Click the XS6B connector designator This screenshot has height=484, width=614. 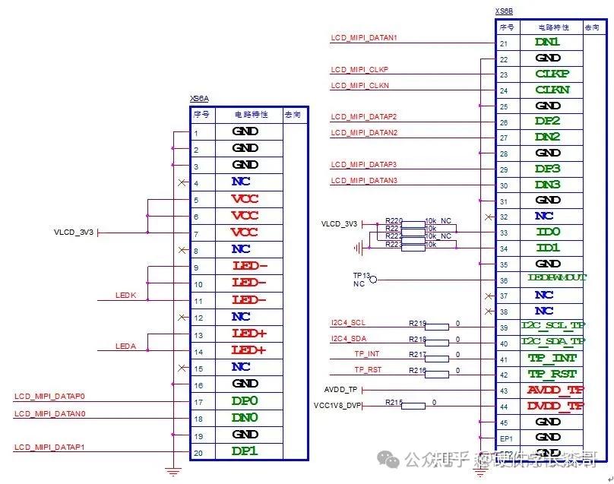[504, 11]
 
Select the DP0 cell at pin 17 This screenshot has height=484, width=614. [245, 400]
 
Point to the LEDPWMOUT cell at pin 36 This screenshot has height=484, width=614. [557, 278]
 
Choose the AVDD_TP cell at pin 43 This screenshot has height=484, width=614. [555, 390]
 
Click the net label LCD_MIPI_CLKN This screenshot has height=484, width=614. [359, 86]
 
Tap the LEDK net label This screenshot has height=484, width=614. [125, 295]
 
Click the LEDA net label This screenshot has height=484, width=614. [125, 346]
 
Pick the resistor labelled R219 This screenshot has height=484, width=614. [437, 326]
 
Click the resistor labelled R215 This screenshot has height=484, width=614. [413, 406]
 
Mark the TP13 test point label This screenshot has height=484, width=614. [361, 276]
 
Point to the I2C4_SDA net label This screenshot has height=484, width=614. [348, 339]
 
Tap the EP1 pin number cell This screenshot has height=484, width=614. [505, 438]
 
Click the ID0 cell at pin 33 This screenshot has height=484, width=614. [548, 231]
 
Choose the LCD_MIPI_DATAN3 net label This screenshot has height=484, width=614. [364, 181]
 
